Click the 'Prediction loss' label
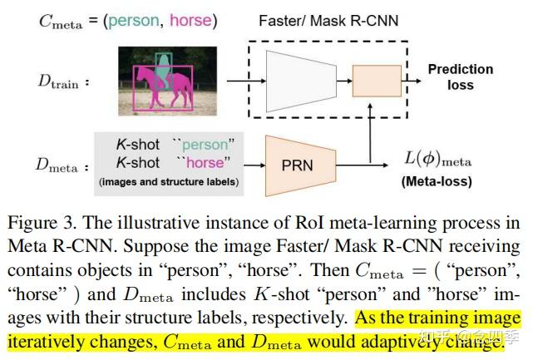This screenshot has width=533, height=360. click(x=460, y=76)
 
